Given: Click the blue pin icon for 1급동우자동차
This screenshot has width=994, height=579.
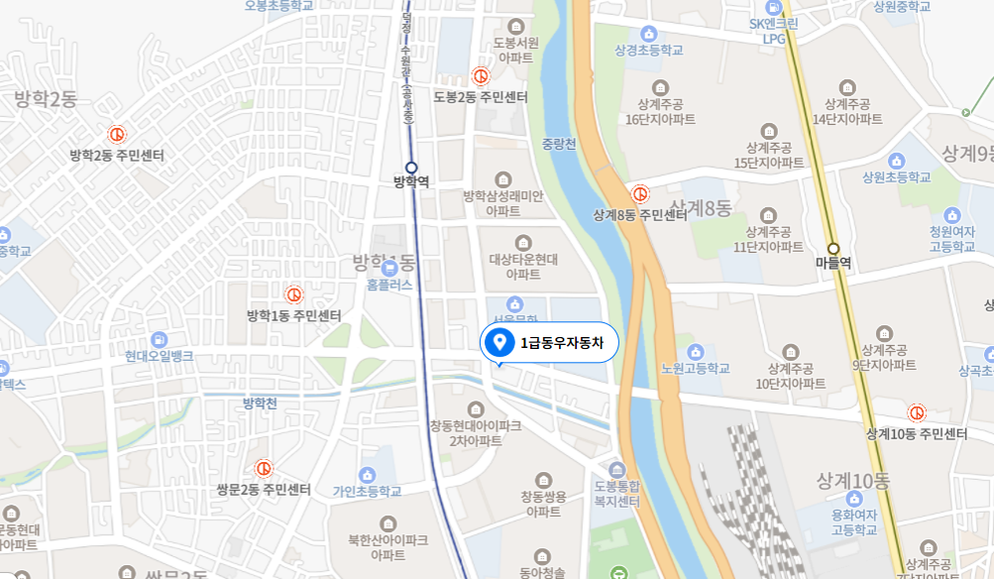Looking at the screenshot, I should (x=501, y=342).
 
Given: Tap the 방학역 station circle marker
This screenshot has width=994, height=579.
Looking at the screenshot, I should (x=411, y=168).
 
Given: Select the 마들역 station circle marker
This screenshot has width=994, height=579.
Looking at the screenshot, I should (x=833, y=249).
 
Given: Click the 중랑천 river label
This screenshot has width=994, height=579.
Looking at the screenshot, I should (x=558, y=143).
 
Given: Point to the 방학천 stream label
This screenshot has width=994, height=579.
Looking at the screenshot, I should (x=260, y=403).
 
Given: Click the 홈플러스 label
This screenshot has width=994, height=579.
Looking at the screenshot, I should (x=388, y=284).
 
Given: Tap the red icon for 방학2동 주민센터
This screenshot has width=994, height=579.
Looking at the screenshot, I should (x=116, y=135).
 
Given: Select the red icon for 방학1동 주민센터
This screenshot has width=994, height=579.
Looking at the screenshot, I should (x=293, y=294).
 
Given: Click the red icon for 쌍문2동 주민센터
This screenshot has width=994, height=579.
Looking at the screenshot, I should (x=264, y=468).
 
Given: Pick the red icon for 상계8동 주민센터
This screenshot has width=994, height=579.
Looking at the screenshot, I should (x=640, y=193).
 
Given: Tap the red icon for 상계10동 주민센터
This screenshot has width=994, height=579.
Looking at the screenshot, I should (x=917, y=412).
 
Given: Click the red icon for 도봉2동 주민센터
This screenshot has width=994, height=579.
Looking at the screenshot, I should (x=481, y=75).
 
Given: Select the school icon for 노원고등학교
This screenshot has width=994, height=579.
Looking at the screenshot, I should (x=695, y=351).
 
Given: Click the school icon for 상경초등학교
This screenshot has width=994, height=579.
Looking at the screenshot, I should (x=649, y=34).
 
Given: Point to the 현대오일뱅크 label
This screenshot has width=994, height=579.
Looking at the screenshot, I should (x=160, y=356).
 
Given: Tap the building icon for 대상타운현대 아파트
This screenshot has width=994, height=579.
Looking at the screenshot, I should (x=523, y=243).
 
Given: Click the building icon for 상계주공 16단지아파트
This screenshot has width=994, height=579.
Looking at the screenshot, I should (x=660, y=86).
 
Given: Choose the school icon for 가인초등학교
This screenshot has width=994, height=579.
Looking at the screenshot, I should (x=368, y=475).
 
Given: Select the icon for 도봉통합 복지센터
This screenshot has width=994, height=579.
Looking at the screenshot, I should (x=618, y=470).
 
